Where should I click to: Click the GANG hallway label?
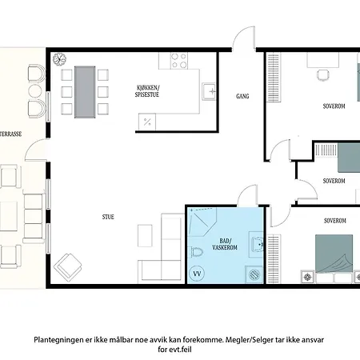pos(242,96)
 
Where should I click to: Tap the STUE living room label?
pos(108,217)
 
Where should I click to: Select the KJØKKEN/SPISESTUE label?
pos(147,91)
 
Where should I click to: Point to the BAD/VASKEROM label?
pos(225,244)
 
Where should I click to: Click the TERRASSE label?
pos(11,134)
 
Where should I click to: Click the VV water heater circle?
pos(197,274)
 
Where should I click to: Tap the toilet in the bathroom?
pos(197,252)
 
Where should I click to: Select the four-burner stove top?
pos(179,61)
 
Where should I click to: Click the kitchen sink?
pos(209,92)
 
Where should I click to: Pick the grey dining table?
pos(85,92)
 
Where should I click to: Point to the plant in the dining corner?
pos(59,59)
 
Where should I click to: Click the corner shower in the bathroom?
pos(202,222)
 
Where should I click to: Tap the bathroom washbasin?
pos(257,244)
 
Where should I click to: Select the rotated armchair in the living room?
pos(68,267)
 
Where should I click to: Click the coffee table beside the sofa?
pos(145,236)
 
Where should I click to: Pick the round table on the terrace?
pos(35,91)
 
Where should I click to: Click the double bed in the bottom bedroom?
pos(334,254)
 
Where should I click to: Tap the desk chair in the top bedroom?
pos(322,74)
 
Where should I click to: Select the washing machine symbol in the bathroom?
pos(254,274)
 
